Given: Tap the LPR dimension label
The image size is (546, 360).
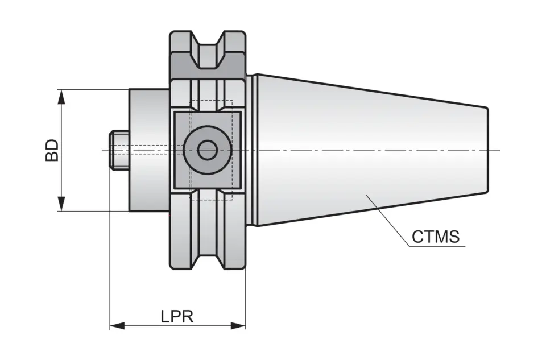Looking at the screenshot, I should tap(176, 316).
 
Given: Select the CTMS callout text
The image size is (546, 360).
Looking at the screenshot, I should tap(435, 237).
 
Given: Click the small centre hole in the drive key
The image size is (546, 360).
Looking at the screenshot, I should tap(208, 150).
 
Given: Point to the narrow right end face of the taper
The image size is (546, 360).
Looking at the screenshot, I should tap(487, 150).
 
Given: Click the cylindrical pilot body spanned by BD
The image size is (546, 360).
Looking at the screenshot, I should tap(149, 171).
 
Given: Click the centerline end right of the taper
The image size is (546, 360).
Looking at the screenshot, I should tap(498, 150).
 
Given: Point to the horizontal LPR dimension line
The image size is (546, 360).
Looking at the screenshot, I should tap(148, 326).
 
